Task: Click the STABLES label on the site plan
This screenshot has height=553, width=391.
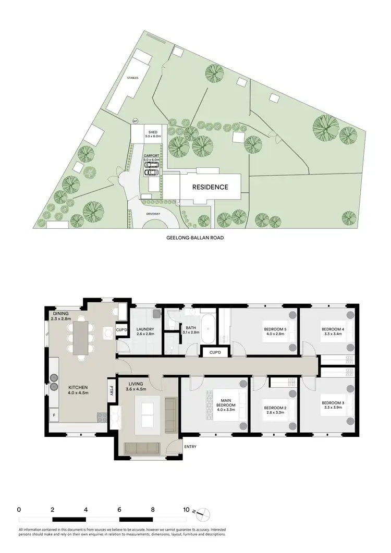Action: pos(132,77)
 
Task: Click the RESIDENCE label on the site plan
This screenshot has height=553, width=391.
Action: pos(211,187)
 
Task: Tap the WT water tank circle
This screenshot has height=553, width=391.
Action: pos(135,121)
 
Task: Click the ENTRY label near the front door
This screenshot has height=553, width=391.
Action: pos(189,447)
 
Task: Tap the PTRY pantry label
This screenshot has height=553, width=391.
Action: pos(111,390)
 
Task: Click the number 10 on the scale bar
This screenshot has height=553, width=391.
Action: pos(186,510)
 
